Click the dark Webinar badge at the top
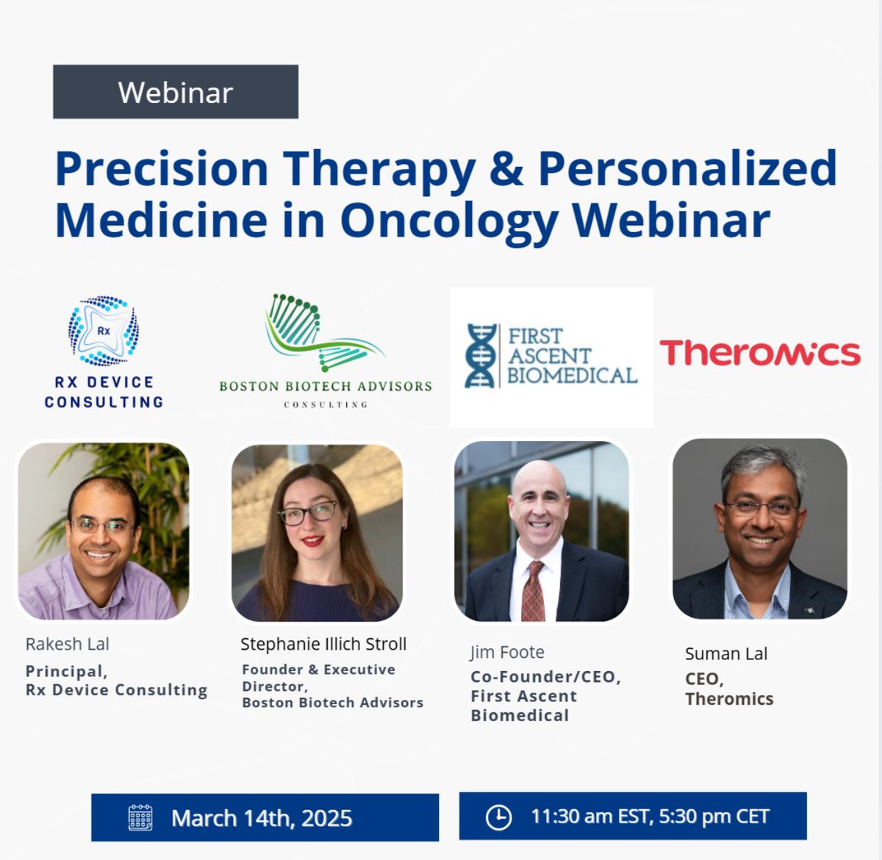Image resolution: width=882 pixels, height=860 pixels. tap(175, 92)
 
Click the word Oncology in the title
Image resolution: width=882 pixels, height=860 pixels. tap(449, 221)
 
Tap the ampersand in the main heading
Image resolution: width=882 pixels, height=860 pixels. tap(506, 168)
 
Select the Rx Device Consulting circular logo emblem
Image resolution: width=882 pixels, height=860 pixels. tap(104, 331)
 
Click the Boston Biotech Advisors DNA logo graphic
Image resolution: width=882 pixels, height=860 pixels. tap(323, 333)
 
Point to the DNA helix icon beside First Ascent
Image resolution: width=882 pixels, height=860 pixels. tap(481, 356)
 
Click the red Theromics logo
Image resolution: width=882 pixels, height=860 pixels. tap(759, 353)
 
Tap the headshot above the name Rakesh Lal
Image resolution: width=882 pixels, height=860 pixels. tap(104, 531)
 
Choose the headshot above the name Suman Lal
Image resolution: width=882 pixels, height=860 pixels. tap(759, 528)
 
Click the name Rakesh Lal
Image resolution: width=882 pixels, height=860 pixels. tap(67, 644)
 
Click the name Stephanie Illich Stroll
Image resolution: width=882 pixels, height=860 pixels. tap(323, 644)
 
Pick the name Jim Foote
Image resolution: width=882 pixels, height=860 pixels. tap(507, 652)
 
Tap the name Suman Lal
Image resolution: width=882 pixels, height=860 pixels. tap(725, 653)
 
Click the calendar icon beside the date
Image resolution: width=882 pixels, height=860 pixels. tap(140, 817)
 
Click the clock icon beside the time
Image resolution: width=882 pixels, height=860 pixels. tap(498, 817)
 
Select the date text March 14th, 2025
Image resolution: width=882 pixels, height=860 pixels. tap(262, 818)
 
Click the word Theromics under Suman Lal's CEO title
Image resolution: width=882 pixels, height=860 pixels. tap(729, 699)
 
